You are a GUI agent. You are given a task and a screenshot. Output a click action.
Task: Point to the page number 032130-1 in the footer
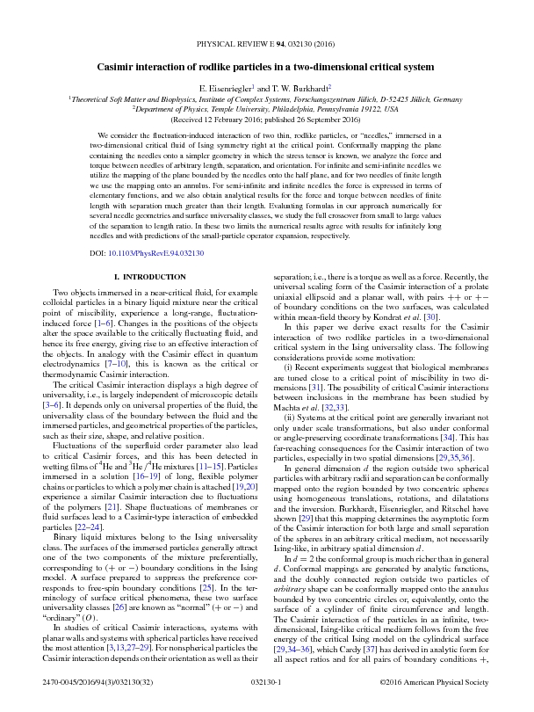[x=266, y=681]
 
